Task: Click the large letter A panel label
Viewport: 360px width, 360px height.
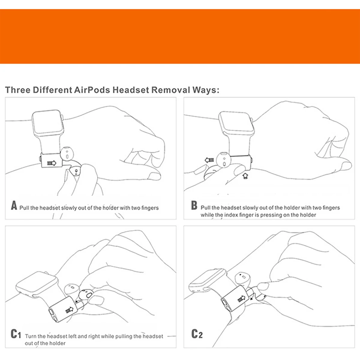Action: click(x=14, y=206)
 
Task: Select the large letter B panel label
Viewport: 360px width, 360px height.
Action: click(x=194, y=206)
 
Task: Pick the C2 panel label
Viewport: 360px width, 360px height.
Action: click(x=197, y=334)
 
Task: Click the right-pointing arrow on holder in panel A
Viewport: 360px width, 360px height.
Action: click(x=52, y=163)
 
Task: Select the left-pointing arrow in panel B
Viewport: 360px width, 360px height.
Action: click(x=209, y=160)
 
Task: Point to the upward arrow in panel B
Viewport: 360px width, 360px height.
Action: click(x=245, y=175)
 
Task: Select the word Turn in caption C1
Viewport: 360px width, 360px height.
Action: click(x=31, y=336)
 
